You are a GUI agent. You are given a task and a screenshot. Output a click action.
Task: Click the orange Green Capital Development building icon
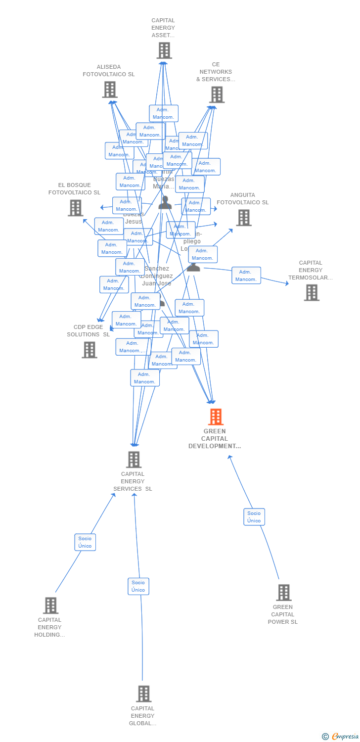(216, 417)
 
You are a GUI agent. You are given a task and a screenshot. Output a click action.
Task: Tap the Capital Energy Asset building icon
(164, 50)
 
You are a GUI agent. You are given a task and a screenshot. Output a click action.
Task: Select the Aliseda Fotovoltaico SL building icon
(110, 90)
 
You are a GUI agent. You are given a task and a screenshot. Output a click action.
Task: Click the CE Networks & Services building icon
(217, 94)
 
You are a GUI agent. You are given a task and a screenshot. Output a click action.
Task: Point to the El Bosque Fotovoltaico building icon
(75, 208)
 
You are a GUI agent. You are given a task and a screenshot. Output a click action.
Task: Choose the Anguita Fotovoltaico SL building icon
(243, 218)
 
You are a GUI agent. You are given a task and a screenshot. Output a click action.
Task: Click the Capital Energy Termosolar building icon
(312, 292)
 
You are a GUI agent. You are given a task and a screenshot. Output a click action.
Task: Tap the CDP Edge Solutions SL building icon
(90, 350)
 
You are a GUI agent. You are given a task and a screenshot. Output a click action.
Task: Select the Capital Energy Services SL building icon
(134, 460)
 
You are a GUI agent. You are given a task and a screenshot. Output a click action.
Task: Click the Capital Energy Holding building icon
(50, 605)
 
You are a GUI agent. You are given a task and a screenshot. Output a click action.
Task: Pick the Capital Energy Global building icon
(143, 694)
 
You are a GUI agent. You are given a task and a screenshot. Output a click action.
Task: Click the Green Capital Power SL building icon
(283, 593)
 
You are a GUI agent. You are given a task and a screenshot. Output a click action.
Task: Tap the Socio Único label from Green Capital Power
(254, 517)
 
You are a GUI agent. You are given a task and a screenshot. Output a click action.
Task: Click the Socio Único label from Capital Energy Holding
(85, 542)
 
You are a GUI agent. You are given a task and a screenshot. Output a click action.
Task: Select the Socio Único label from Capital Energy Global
(138, 586)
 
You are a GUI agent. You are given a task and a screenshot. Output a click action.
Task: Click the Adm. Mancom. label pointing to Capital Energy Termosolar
(246, 276)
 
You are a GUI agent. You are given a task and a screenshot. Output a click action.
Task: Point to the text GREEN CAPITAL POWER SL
(283, 614)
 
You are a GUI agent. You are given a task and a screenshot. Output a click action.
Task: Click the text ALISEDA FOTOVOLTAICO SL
(109, 71)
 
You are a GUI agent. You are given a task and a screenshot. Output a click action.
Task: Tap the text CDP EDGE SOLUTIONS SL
(89, 330)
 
